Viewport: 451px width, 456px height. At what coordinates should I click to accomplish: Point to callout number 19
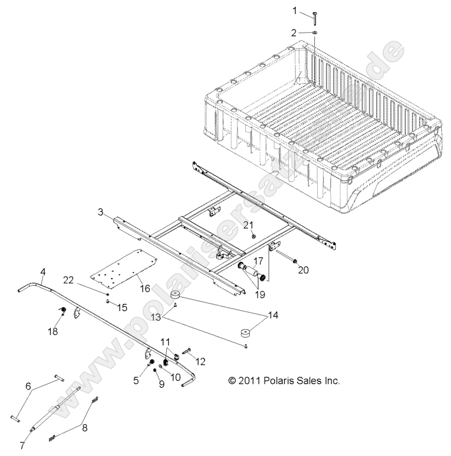pos(260,294)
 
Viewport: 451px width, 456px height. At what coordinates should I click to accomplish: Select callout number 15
pos(122,307)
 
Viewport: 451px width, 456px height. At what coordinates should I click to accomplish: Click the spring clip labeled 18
pos(63,311)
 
